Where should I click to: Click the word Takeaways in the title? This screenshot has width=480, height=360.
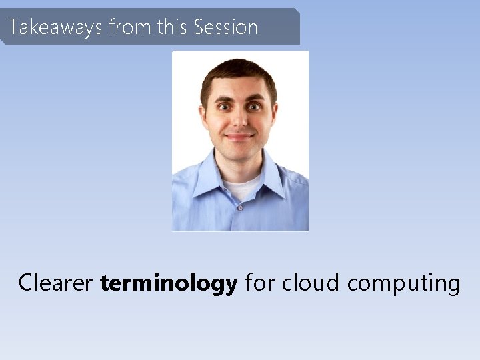point(55,27)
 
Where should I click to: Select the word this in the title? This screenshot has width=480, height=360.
point(173,27)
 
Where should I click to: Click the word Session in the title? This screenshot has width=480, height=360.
point(225,27)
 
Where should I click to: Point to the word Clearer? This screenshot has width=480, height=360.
point(55,283)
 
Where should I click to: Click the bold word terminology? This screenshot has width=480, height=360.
point(169,284)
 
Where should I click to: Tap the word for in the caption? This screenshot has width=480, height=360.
point(260,283)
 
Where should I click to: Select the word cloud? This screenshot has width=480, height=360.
point(311,283)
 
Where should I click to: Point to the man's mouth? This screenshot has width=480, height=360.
point(239,137)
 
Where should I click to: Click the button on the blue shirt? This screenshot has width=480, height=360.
point(240,207)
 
